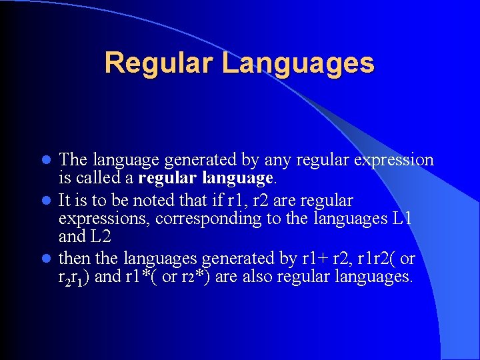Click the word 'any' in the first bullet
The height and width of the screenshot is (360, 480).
[276, 161]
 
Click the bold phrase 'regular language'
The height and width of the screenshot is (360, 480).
[206, 179]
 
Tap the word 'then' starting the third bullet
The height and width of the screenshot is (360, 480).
[73, 257]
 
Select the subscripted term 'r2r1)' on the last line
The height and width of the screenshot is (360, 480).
[75, 277]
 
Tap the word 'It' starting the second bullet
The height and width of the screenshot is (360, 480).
[65, 201]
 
